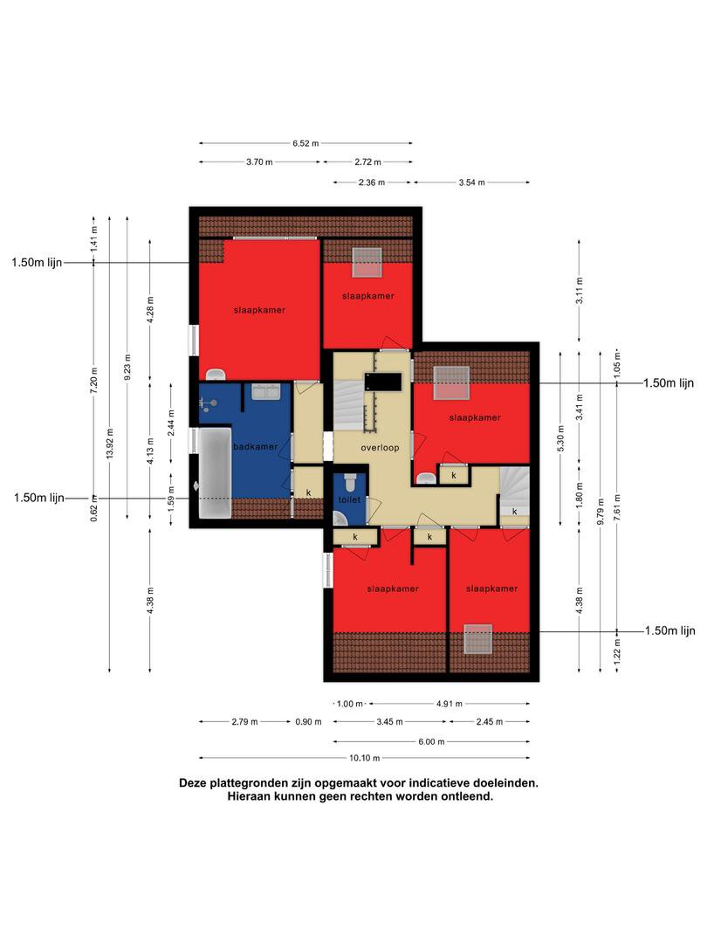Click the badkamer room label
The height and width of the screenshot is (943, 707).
click(x=256, y=447)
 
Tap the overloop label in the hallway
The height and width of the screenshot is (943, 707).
click(x=380, y=448)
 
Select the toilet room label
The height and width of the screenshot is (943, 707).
click(x=349, y=499)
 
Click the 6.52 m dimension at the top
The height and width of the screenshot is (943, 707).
click(x=305, y=144)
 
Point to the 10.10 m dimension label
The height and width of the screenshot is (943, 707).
click(x=364, y=759)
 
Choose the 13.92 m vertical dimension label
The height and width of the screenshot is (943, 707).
click(x=109, y=444)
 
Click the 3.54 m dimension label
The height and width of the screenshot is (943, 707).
click(x=471, y=182)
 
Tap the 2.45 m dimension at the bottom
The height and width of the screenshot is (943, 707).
click(x=490, y=722)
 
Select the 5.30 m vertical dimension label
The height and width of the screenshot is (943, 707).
click(x=561, y=438)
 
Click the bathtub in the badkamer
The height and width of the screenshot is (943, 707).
click(x=215, y=472)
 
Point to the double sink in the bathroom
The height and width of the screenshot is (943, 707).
click(x=264, y=392)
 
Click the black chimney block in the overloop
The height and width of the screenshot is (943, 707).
click(x=382, y=382)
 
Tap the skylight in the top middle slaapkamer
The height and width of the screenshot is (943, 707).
click(x=367, y=263)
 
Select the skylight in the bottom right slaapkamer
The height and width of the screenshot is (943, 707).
click(x=478, y=638)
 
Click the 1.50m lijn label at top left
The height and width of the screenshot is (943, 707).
click(x=37, y=263)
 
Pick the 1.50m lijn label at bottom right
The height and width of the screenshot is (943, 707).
click(x=669, y=631)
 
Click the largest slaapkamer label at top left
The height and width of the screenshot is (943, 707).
click(x=260, y=310)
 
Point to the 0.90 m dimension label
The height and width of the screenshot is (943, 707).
click(x=308, y=722)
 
